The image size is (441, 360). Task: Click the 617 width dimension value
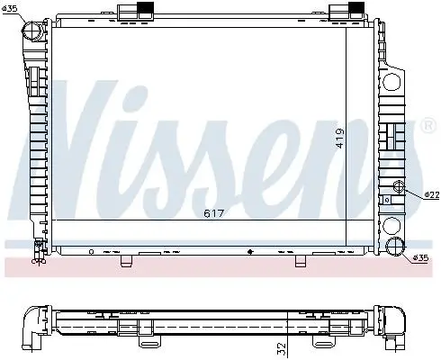213,213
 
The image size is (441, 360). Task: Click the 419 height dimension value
340,138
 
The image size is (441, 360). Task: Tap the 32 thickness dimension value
282,348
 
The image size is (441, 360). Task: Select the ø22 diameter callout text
432,195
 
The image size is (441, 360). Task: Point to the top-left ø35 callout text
10,9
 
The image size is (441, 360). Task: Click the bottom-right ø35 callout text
420,257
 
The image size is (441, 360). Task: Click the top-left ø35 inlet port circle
31,31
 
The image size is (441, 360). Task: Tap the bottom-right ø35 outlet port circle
395,247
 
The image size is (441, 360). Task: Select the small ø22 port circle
400,186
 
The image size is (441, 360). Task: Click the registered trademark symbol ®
427,126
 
